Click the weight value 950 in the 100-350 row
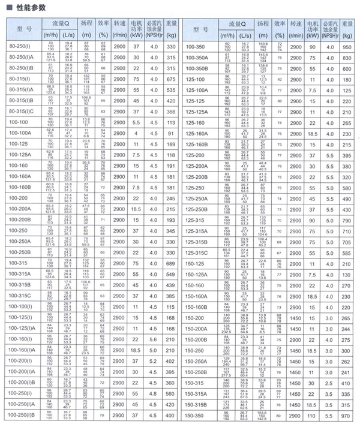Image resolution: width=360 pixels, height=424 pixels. (x=346, y=46)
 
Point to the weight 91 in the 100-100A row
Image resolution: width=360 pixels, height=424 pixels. (x=171, y=133)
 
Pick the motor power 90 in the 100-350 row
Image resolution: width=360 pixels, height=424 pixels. (x=311, y=46)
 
